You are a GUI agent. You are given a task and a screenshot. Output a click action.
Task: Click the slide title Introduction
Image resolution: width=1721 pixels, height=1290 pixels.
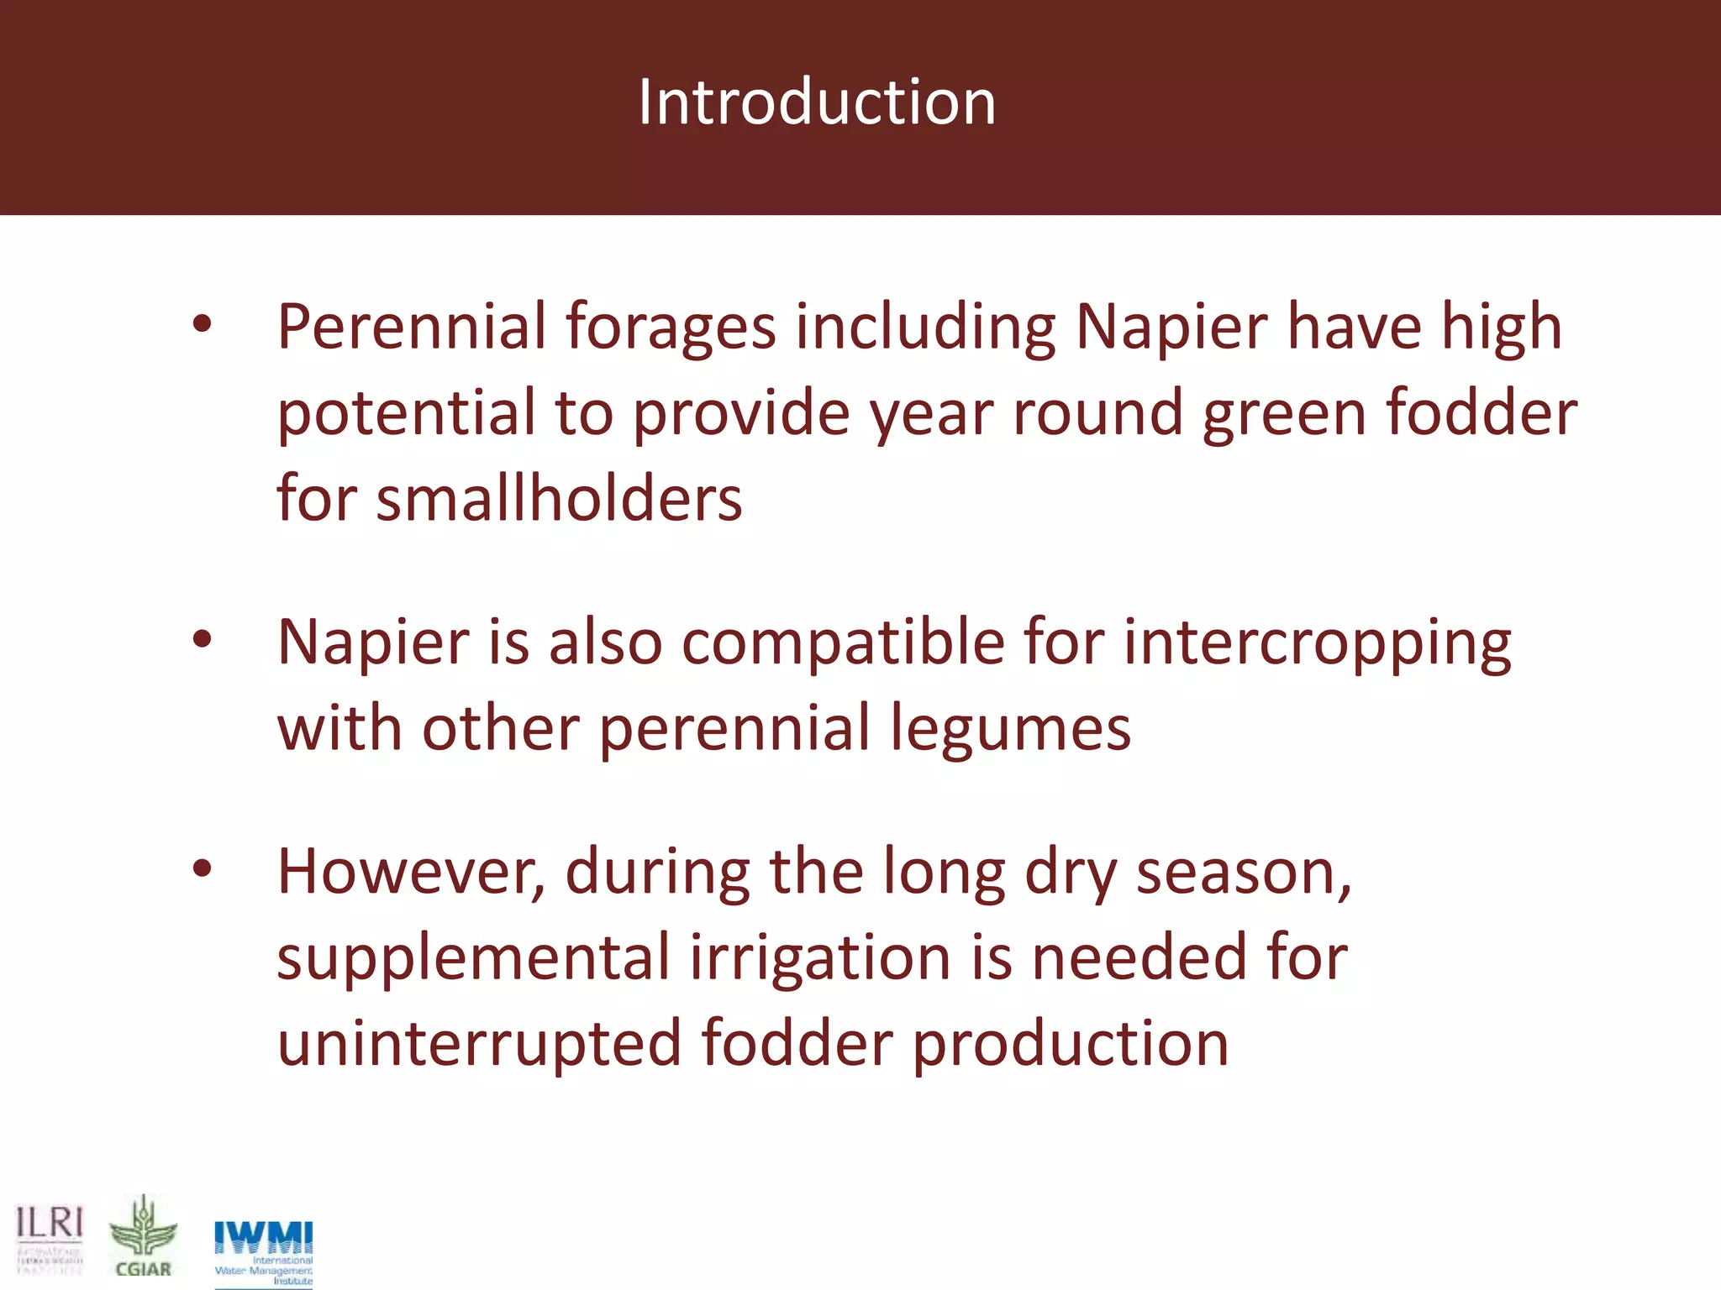click(x=817, y=102)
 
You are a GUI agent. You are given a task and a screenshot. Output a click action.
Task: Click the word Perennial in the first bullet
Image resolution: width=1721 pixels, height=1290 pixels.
click(x=412, y=328)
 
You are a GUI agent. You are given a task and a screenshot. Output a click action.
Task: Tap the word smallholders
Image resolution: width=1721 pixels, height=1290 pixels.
click(x=559, y=499)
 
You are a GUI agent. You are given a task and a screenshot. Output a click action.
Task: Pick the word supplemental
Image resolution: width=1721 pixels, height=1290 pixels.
click(x=473, y=959)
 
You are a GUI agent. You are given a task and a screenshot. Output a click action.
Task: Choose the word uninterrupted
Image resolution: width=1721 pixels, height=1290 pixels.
click(x=479, y=1043)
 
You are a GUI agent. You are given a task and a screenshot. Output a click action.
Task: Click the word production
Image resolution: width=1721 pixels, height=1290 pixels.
click(x=1071, y=1045)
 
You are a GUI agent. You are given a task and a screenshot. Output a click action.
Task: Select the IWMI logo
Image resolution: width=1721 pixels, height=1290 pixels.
click(x=263, y=1251)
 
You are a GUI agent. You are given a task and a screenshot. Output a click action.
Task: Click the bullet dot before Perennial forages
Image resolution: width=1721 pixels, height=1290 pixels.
click(x=202, y=326)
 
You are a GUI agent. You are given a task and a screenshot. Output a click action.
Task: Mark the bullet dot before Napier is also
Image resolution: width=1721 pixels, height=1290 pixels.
click(x=202, y=641)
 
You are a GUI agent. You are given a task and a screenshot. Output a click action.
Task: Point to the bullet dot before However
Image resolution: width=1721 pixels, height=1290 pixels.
click(x=202, y=870)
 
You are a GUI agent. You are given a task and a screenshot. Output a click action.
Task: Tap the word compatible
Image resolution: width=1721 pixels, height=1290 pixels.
click(x=843, y=643)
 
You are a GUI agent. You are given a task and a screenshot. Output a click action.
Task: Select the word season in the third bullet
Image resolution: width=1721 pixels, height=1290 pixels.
click(x=1243, y=873)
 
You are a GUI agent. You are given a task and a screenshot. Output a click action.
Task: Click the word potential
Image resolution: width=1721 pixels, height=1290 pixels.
click(x=406, y=415)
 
